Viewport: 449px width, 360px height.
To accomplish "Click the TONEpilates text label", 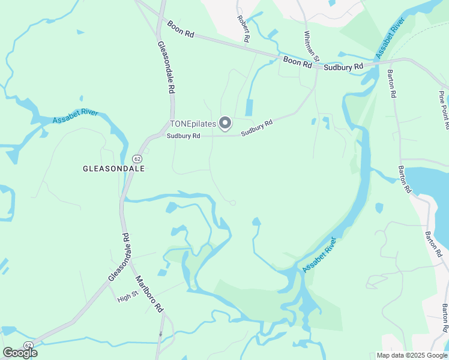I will tap(193, 124).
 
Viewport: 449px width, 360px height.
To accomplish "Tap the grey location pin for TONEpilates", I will tap(225, 123).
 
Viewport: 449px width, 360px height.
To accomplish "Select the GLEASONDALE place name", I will tap(114, 169).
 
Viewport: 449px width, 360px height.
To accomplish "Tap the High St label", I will tap(128, 296).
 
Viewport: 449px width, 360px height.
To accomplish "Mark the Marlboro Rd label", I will tap(149, 292).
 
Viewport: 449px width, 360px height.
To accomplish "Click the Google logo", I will tap(20, 353).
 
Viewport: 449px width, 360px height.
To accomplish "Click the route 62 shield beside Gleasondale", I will tap(137, 158).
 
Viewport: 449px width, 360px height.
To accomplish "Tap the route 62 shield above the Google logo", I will tap(28, 345).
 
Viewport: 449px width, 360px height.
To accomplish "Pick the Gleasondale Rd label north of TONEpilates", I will tap(166, 66).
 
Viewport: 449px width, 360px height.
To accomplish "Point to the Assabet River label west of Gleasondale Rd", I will tap(75, 116).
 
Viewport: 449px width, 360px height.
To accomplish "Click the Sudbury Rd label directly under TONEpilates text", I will tap(184, 136).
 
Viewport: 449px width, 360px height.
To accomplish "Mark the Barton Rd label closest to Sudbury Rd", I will tap(391, 83).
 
